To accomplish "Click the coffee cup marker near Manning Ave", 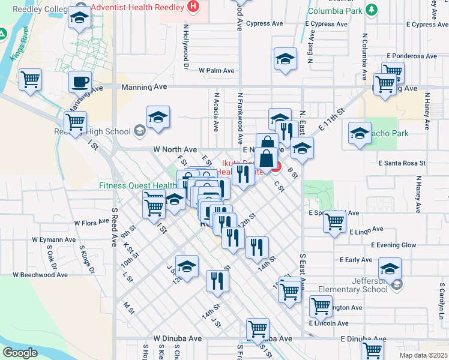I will click(x=80, y=82).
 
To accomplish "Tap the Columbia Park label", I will click(x=337, y=10).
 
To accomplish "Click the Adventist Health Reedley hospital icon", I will click(x=193, y=7).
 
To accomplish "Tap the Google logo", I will click(x=20, y=353).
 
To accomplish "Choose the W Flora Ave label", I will click(x=91, y=223).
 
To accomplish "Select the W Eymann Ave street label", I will click(x=53, y=240).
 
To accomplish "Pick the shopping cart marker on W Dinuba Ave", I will click(x=258, y=328).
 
